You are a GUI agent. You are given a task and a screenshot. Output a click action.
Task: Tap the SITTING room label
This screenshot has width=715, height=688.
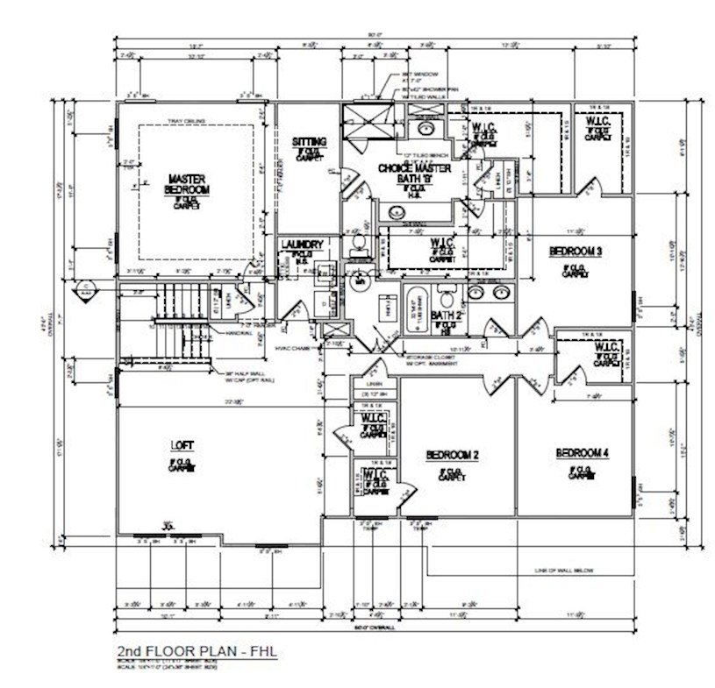(x=309, y=142)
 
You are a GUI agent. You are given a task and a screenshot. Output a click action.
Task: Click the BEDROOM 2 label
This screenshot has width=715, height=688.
(x=452, y=455)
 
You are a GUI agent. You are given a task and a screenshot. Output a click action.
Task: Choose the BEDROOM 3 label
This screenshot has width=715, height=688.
(x=575, y=252)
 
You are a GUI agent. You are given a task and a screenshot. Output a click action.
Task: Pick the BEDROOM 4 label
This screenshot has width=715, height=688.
(x=582, y=452)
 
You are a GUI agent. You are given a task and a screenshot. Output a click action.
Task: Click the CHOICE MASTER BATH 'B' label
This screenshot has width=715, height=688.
(x=414, y=173)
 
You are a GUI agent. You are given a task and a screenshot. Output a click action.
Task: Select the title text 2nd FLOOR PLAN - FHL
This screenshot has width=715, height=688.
(x=197, y=653)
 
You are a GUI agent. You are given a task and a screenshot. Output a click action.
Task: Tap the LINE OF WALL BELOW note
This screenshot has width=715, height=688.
(x=564, y=571)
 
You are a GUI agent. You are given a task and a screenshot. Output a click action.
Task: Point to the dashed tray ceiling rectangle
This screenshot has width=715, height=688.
(x=255, y=192)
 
